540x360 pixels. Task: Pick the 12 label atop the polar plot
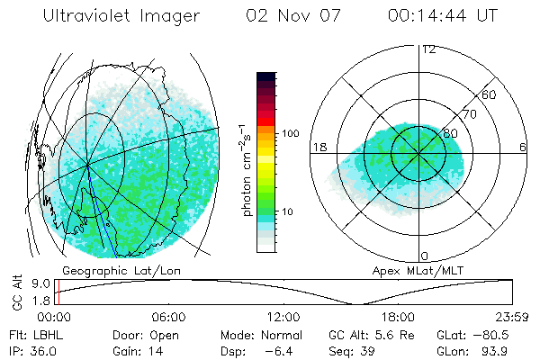pos(428,49)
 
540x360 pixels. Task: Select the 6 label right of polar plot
pos(524,147)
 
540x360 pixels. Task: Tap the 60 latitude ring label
pos(490,94)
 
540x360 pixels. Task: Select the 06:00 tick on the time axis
pos(169,317)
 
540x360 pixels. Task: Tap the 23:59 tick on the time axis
pos(512,317)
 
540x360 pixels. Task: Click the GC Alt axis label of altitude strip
pos(17,293)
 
